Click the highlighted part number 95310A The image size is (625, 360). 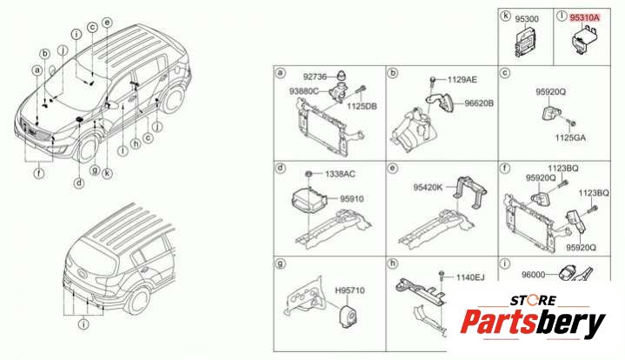(x=584, y=17)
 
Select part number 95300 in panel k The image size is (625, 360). (x=527, y=19)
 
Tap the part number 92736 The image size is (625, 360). (x=315, y=77)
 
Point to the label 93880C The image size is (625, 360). (x=303, y=91)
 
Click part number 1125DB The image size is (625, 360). (x=362, y=106)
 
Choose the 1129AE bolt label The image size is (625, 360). (x=462, y=80)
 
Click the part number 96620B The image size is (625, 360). (x=479, y=103)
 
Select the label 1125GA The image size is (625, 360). (x=570, y=137)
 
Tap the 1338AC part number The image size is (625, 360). (x=340, y=174)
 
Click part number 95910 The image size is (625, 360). (x=351, y=198)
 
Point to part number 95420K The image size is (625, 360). (x=428, y=187)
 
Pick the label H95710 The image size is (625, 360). (x=349, y=290)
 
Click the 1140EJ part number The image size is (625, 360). (x=470, y=277)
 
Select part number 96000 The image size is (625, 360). (x=534, y=274)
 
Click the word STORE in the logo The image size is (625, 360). (x=534, y=300)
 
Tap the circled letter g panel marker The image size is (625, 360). (x=281, y=263)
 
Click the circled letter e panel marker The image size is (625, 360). (x=393, y=169)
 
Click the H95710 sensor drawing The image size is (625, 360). (x=347, y=315)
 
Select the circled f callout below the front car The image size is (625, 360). (x=39, y=173)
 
